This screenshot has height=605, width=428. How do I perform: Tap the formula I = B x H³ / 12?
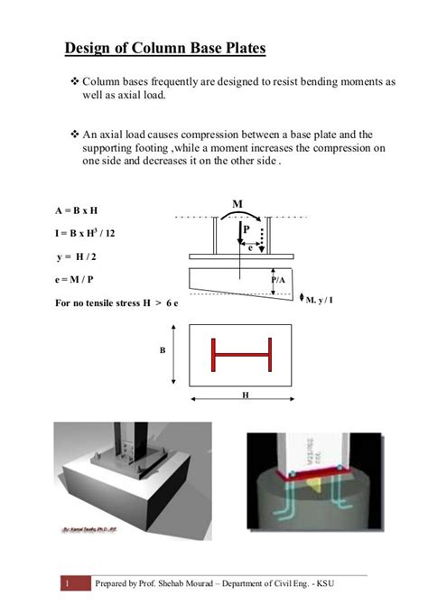pyautogui.click(x=85, y=232)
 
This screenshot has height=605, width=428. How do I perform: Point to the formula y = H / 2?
pyautogui.click(x=76, y=257)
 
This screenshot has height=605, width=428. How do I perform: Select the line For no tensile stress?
pyautogui.click(x=116, y=304)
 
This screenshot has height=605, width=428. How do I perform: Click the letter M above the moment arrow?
pyautogui.click(x=237, y=204)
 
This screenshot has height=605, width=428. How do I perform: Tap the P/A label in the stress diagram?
pyautogui.click(x=278, y=281)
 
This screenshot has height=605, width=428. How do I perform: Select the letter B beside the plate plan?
pyautogui.click(x=163, y=349)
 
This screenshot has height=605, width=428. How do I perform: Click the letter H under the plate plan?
pyautogui.click(x=244, y=395)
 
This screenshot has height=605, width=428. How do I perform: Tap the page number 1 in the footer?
pyautogui.click(x=66, y=584)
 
